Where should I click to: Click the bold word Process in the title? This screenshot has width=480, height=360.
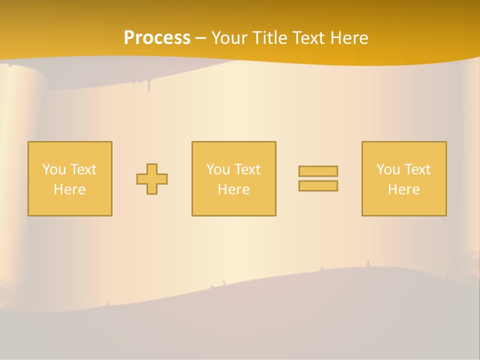[x=157, y=38]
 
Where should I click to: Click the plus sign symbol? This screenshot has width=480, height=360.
[x=152, y=179]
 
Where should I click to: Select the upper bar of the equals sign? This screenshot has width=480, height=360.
[x=318, y=171]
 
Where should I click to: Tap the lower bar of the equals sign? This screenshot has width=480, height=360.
[x=318, y=186]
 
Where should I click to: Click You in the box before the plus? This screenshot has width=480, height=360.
[x=54, y=169]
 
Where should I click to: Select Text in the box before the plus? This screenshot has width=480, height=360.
[x=83, y=169]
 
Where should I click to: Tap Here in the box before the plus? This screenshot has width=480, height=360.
[x=69, y=189]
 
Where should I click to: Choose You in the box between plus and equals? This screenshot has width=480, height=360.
[x=218, y=169]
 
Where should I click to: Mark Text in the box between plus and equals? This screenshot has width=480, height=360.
[x=247, y=169]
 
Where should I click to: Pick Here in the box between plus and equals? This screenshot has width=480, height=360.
[x=233, y=189]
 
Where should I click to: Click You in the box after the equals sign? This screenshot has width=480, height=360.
[x=388, y=169]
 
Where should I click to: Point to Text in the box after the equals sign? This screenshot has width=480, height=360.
[x=417, y=169]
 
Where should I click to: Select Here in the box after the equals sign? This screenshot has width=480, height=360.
[x=403, y=189]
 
